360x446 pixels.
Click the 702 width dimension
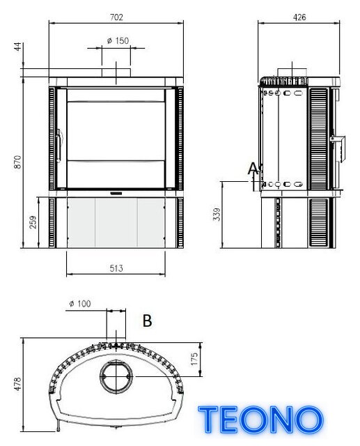tap(116, 17)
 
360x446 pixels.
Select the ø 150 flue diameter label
tap(118, 40)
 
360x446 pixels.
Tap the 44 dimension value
tap(18, 47)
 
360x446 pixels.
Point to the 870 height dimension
tap(17, 162)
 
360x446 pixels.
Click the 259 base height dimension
tap(33, 222)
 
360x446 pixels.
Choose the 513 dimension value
tap(116, 268)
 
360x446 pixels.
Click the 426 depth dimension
tap(299, 17)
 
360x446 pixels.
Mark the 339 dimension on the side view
tap(217, 215)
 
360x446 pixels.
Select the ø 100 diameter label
tap(80, 304)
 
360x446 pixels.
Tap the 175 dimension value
tap(194, 359)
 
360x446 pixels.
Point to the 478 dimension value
tap(17, 384)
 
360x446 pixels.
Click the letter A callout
tap(253, 169)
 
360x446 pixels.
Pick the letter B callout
tap(147, 321)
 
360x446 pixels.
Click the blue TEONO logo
tap(261, 420)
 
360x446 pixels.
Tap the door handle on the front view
tap(58, 146)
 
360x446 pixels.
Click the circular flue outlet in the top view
tap(116, 376)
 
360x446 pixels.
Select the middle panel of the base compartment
tap(116, 222)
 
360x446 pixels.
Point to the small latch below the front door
tap(116, 194)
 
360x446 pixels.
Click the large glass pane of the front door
tap(116, 130)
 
